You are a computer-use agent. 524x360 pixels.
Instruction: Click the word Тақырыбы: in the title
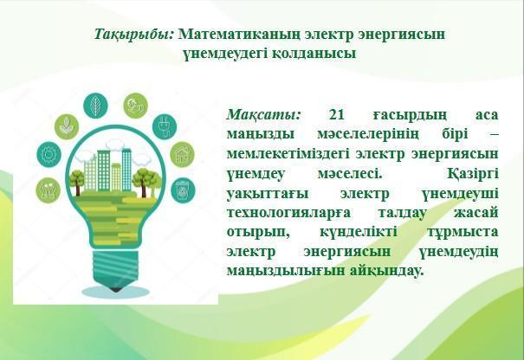134,35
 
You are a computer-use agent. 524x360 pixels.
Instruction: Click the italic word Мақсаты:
263,115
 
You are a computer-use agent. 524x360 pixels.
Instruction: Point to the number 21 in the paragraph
337,114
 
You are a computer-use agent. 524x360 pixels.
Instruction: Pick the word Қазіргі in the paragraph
472,174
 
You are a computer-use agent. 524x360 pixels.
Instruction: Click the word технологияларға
288,213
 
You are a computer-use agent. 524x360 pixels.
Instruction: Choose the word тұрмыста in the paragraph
463,232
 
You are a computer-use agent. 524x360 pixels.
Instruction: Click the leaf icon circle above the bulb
95,106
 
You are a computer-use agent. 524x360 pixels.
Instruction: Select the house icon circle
182,155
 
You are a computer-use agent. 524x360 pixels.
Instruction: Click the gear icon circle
49,154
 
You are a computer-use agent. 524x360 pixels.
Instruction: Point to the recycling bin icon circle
183,190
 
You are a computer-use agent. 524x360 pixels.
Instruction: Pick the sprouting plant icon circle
67,127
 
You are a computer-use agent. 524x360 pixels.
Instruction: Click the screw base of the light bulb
116,267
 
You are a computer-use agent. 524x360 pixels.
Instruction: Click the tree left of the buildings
77,183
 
